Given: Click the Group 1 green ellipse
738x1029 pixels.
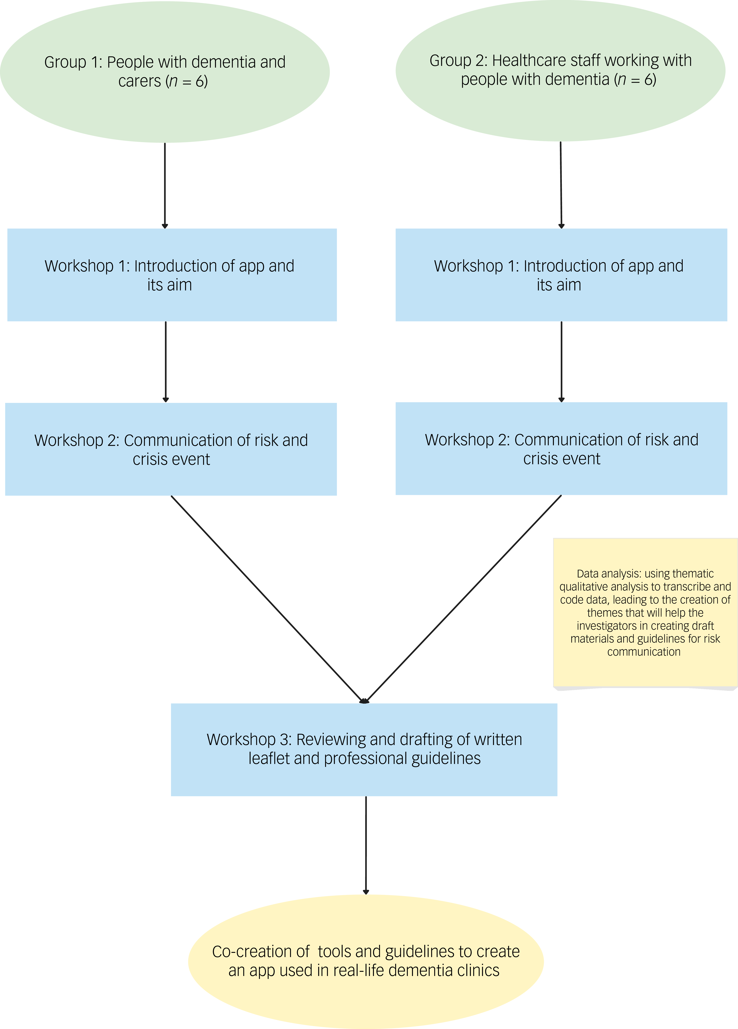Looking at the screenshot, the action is [165, 72].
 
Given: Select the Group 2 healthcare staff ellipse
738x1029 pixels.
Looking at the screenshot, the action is [561, 70].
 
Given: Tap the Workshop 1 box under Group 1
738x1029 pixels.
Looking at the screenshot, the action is [172, 275].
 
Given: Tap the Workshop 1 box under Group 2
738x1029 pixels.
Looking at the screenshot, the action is [561, 275].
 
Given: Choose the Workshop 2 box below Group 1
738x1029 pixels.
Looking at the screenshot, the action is [171, 449].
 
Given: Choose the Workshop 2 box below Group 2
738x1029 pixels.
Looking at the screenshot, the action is [561, 449].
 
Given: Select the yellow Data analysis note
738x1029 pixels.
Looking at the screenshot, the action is [645, 613].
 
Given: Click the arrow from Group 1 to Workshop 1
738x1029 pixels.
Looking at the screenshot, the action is [165, 186].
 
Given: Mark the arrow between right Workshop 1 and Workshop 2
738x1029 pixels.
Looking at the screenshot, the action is [561, 362].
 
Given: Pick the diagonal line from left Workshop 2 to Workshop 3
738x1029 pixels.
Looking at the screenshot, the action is [268, 599].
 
